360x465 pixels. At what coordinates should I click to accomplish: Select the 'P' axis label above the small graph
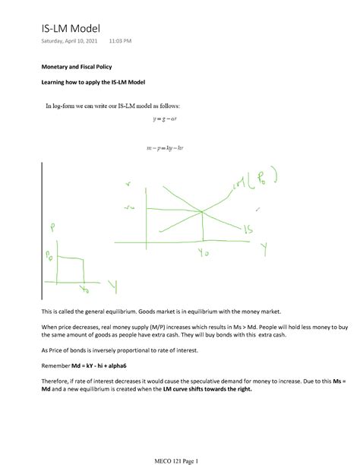tap(52, 226)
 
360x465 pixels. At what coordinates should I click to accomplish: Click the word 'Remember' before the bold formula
tap(58, 365)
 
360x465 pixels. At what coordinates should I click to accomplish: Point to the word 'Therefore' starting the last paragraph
tap(57, 382)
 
